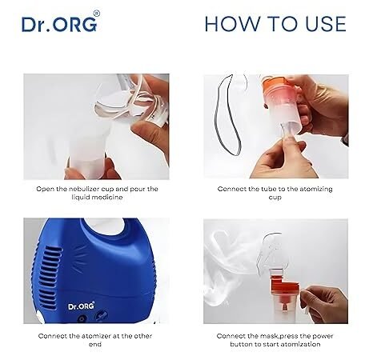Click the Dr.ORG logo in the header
(x=59, y=24)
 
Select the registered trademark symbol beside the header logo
(x=97, y=14)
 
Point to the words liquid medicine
(x=97, y=198)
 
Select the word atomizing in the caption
(x=316, y=189)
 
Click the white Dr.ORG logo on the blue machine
(x=81, y=306)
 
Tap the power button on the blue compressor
(x=82, y=318)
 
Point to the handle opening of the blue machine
(x=107, y=226)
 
